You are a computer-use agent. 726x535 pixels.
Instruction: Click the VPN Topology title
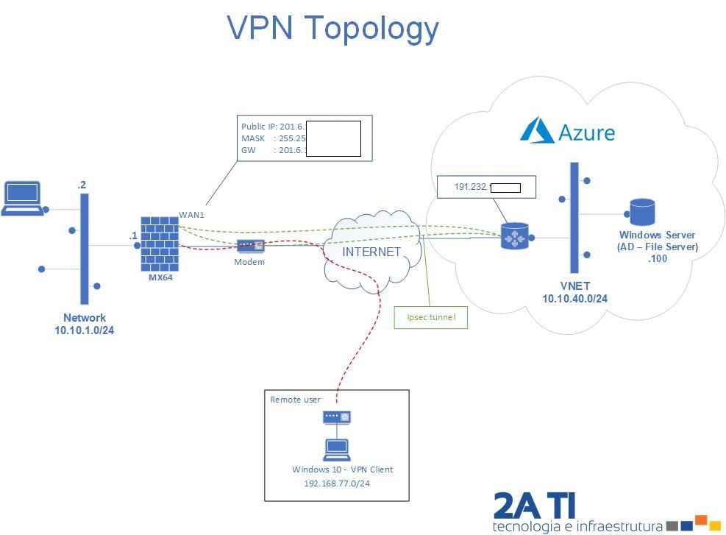click(332, 28)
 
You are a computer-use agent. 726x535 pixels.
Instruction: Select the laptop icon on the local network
click(23, 198)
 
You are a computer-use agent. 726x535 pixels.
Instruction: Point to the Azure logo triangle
click(536, 131)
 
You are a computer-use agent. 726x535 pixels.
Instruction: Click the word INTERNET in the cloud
click(371, 252)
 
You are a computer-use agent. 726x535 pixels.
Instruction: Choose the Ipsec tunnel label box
click(431, 317)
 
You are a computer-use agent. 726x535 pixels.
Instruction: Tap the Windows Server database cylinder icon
click(641, 213)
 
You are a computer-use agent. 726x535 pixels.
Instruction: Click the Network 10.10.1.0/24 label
click(84, 324)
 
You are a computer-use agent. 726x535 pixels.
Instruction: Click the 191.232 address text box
click(485, 187)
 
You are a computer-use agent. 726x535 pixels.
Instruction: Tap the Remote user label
click(295, 400)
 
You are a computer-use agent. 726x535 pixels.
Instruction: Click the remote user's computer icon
click(337, 448)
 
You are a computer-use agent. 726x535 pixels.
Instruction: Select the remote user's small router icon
click(337, 417)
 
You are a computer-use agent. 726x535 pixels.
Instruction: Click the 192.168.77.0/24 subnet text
click(337, 483)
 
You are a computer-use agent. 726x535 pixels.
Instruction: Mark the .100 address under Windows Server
click(657, 258)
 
